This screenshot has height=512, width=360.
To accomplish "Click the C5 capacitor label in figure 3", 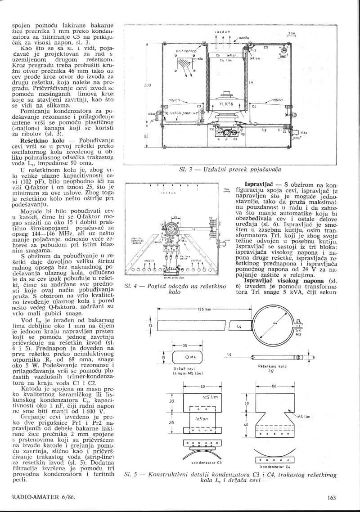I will [x=265, y=47].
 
